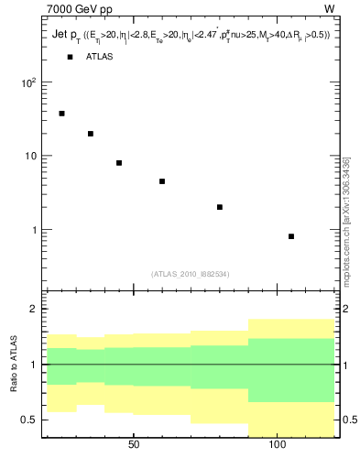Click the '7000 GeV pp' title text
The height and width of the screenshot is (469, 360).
[x=73, y=9]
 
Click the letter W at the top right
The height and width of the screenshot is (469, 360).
[x=329, y=9]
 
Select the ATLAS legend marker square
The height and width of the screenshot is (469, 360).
[x=70, y=57]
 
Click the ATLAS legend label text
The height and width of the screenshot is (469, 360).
[x=100, y=57]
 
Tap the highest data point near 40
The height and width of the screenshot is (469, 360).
[x=61, y=114]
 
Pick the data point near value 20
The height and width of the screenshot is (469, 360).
[x=91, y=134]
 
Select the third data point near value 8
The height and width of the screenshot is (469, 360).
[x=119, y=163]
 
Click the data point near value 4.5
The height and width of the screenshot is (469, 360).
[x=162, y=181]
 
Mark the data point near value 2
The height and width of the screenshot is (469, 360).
[x=220, y=207]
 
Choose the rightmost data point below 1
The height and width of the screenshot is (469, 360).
[x=291, y=236]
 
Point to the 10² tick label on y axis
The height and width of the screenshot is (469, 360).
[x=28, y=82]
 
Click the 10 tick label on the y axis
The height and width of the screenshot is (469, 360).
[x=30, y=156]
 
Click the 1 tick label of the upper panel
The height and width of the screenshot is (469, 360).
[x=34, y=230]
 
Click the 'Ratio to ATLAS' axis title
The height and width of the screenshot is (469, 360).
[x=13, y=365]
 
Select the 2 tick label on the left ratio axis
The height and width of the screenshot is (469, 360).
[x=34, y=310]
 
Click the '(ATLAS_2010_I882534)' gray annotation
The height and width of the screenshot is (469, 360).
[x=190, y=274]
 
